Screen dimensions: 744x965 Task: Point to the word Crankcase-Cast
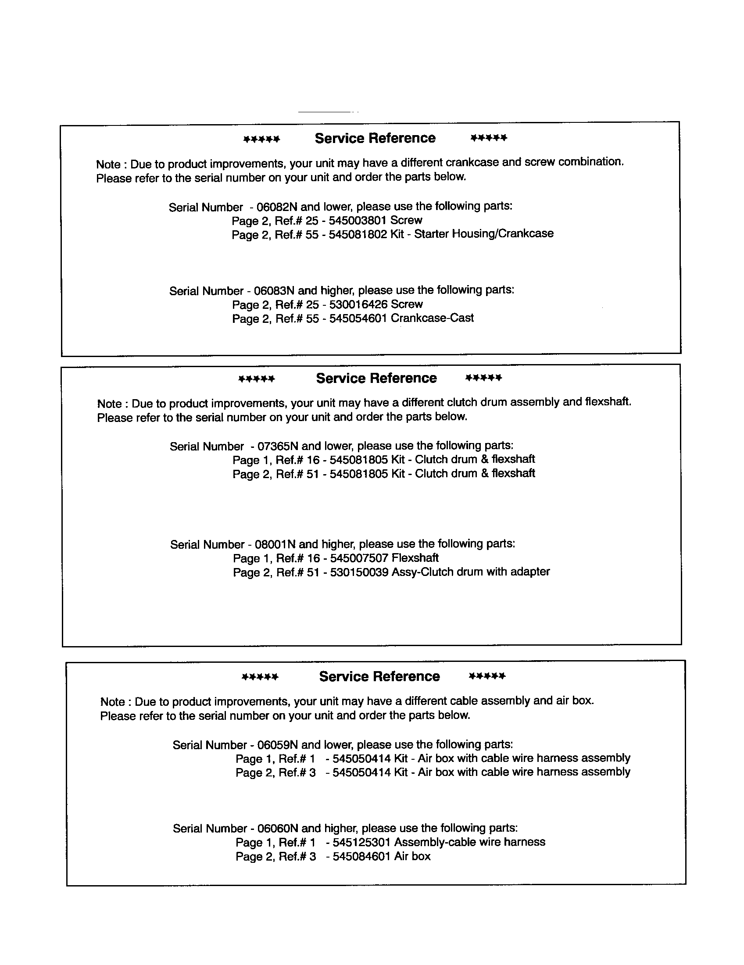432,318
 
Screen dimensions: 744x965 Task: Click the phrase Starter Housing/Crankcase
483,233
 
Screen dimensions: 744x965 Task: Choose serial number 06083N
274,290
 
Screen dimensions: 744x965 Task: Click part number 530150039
359,572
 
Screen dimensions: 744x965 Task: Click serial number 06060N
277,828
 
